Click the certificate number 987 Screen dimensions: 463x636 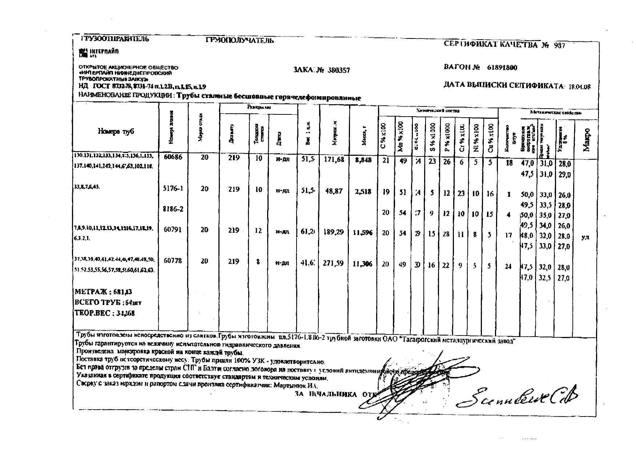pyautogui.click(x=559, y=46)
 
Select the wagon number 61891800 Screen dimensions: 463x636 pyautogui.click(x=502, y=68)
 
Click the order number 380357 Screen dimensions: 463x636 pyautogui.click(x=338, y=70)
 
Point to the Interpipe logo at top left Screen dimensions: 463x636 pyautogui.click(x=99, y=52)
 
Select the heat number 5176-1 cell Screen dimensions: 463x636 pyautogui.click(x=173, y=188)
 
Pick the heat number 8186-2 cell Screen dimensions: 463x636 pyautogui.click(x=173, y=210)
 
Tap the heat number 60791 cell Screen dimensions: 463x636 pyautogui.click(x=173, y=230)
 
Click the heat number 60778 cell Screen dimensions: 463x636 pyautogui.click(x=173, y=261)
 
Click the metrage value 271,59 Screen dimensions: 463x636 pyautogui.click(x=333, y=263)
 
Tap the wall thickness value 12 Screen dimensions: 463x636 pyautogui.click(x=258, y=230)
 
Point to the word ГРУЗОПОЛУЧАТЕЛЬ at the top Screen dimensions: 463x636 pyautogui.click(x=239, y=41)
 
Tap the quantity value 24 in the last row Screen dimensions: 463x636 pyautogui.click(x=508, y=267)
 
